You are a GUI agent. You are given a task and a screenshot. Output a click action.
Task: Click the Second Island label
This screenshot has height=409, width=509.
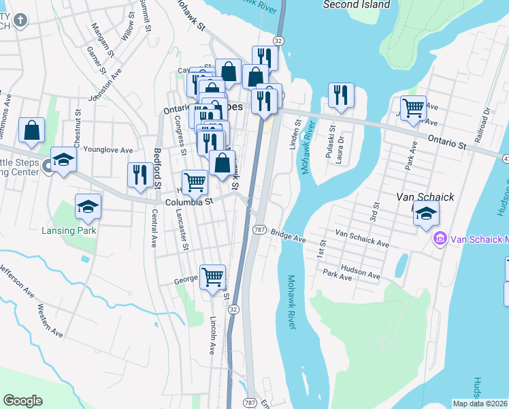pos(357,5)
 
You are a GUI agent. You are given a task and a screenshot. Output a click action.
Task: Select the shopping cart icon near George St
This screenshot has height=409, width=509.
pos(213,277)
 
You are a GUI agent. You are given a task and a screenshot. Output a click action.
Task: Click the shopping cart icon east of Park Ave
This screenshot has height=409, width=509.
pos(413,108)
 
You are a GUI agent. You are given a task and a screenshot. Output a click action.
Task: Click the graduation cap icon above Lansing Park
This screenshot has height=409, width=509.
pos(88,207)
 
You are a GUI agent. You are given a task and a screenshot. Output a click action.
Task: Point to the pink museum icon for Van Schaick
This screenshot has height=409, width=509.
pos(440,239)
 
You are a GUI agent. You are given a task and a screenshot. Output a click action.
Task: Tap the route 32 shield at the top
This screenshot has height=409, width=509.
pos(278,42)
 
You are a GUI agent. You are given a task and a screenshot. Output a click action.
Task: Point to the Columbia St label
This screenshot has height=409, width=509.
pos(189,201)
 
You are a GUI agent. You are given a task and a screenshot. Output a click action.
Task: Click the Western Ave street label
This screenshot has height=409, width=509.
pos(52,320)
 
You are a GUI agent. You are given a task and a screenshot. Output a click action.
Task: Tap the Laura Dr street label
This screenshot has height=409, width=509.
pos(340,143)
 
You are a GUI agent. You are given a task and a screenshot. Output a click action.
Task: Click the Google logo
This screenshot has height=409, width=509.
pos(22,401)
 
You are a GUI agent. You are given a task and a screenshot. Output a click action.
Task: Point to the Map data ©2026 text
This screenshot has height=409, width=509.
pos(480,404)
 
